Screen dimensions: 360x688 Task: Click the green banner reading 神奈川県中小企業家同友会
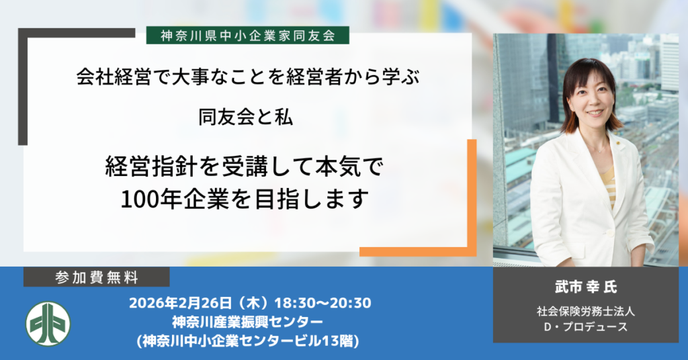248,35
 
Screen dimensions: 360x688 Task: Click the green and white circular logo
48,324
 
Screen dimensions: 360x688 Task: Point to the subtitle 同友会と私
245,118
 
